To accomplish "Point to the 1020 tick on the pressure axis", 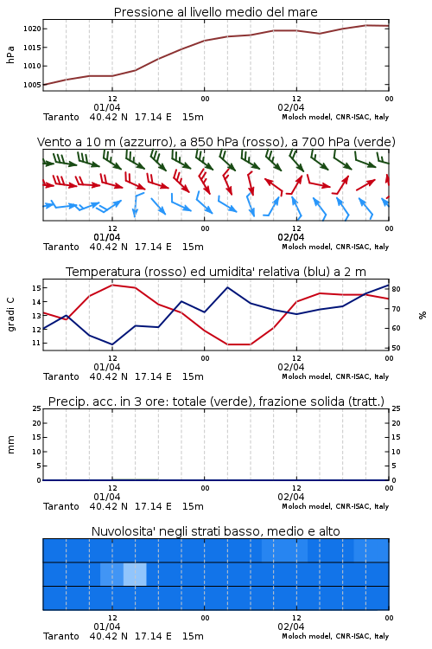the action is (32, 29).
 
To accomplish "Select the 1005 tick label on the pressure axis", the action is (32, 85).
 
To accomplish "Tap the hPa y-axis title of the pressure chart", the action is (10, 55).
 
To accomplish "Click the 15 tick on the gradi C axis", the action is (36, 287).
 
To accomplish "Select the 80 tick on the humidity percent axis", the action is (396, 289).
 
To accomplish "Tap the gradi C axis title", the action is (10, 315).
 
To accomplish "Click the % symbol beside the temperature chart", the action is (422, 315).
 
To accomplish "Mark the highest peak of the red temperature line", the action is (112, 285).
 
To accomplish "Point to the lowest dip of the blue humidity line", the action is (112, 344).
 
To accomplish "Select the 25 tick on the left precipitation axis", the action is (37, 408).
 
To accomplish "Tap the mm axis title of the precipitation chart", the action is (10, 445).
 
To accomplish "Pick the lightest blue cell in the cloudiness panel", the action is (135, 574).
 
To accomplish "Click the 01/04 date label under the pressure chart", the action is (107, 107).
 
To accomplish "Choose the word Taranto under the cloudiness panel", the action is (61, 636).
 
